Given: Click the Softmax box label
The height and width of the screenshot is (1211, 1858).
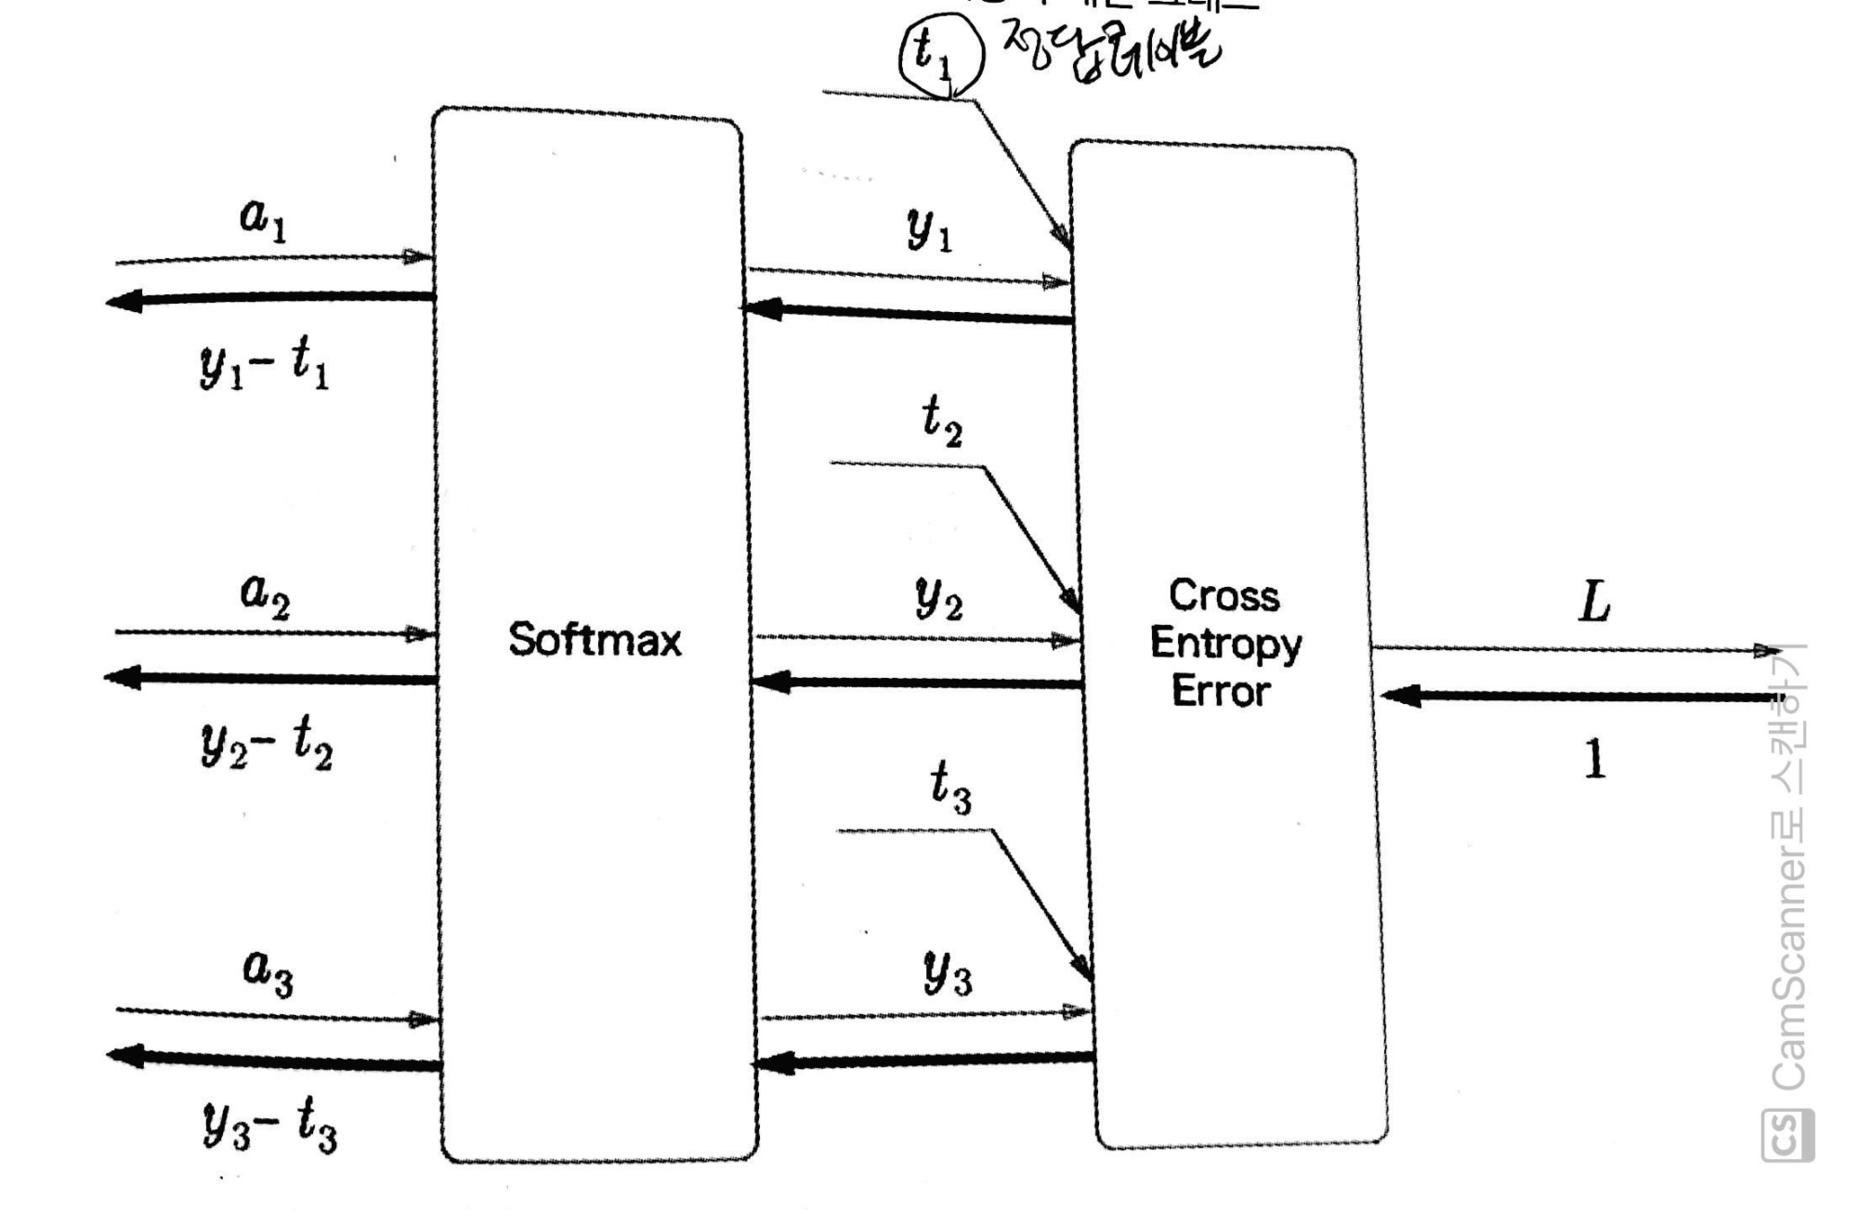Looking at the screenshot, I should [595, 640].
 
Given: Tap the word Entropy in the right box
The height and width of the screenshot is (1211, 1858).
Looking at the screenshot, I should [1225, 645].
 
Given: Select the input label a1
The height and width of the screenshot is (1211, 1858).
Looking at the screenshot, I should [263, 218].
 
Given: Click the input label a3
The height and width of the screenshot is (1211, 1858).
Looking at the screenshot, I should [268, 970].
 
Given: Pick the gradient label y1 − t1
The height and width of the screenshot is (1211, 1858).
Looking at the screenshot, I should [265, 364].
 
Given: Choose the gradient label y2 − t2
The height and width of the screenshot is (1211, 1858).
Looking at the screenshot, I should [267, 744].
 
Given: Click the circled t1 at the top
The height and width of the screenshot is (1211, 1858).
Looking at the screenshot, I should [938, 54].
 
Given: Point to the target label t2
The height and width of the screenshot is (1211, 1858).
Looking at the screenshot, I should [941, 421].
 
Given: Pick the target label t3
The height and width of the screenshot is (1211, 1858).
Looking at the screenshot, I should [950, 787].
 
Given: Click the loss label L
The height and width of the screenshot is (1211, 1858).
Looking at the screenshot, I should [1594, 602].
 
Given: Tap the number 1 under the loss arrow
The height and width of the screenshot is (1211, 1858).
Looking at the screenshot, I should [1594, 759].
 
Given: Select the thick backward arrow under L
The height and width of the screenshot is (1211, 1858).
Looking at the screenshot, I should [1579, 696].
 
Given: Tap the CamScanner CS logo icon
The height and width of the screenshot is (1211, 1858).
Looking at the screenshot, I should [1787, 1135].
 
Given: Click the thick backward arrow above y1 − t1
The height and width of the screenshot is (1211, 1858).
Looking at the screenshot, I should [269, 299].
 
